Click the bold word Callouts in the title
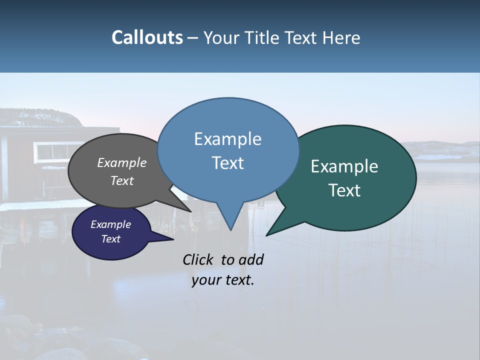click(147, 37)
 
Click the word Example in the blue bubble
click(227, 139)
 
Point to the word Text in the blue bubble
click(227, 163)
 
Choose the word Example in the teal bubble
click(344, 166)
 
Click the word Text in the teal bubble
click(344, 190)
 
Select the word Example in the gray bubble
click(121, 163)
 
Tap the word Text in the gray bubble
click(121, 180)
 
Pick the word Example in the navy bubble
click(110, 224)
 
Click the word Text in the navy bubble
click(110, 239)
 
